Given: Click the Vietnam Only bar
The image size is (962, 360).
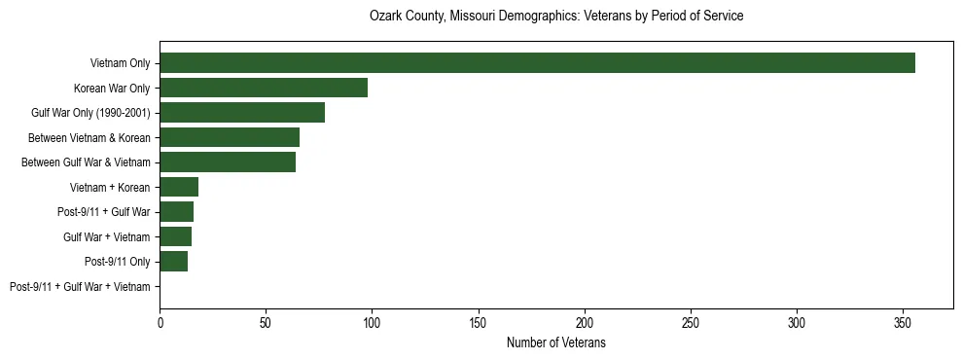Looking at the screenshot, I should tap(537, 63).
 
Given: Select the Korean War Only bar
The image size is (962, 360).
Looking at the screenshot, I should tap(264, 88).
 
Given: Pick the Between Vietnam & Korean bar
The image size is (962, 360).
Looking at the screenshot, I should tap(230, 137).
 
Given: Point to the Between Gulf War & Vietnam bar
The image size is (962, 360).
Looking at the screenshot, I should tap(228, 162).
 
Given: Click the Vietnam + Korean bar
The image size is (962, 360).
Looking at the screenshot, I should tap(179, 187).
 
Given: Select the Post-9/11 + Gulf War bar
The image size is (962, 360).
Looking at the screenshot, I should tap(176, 212).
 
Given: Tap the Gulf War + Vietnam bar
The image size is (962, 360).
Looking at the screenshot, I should tap(175, 236).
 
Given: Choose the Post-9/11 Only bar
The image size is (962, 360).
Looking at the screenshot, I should tap(173, 262).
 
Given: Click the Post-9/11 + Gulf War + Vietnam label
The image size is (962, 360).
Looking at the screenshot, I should tap(80, 287).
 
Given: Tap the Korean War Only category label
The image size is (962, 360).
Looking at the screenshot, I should tap(112, 89).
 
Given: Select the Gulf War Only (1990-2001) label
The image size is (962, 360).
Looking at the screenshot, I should tap(90, 113).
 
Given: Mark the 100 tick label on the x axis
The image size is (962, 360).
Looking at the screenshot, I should tap(372, 321).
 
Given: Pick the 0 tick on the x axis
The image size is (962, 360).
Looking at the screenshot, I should tap(160, 321).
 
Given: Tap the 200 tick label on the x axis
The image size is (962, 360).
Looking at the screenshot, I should tap(585, 321).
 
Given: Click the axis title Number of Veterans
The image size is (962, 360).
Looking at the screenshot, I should tap(556, 342).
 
